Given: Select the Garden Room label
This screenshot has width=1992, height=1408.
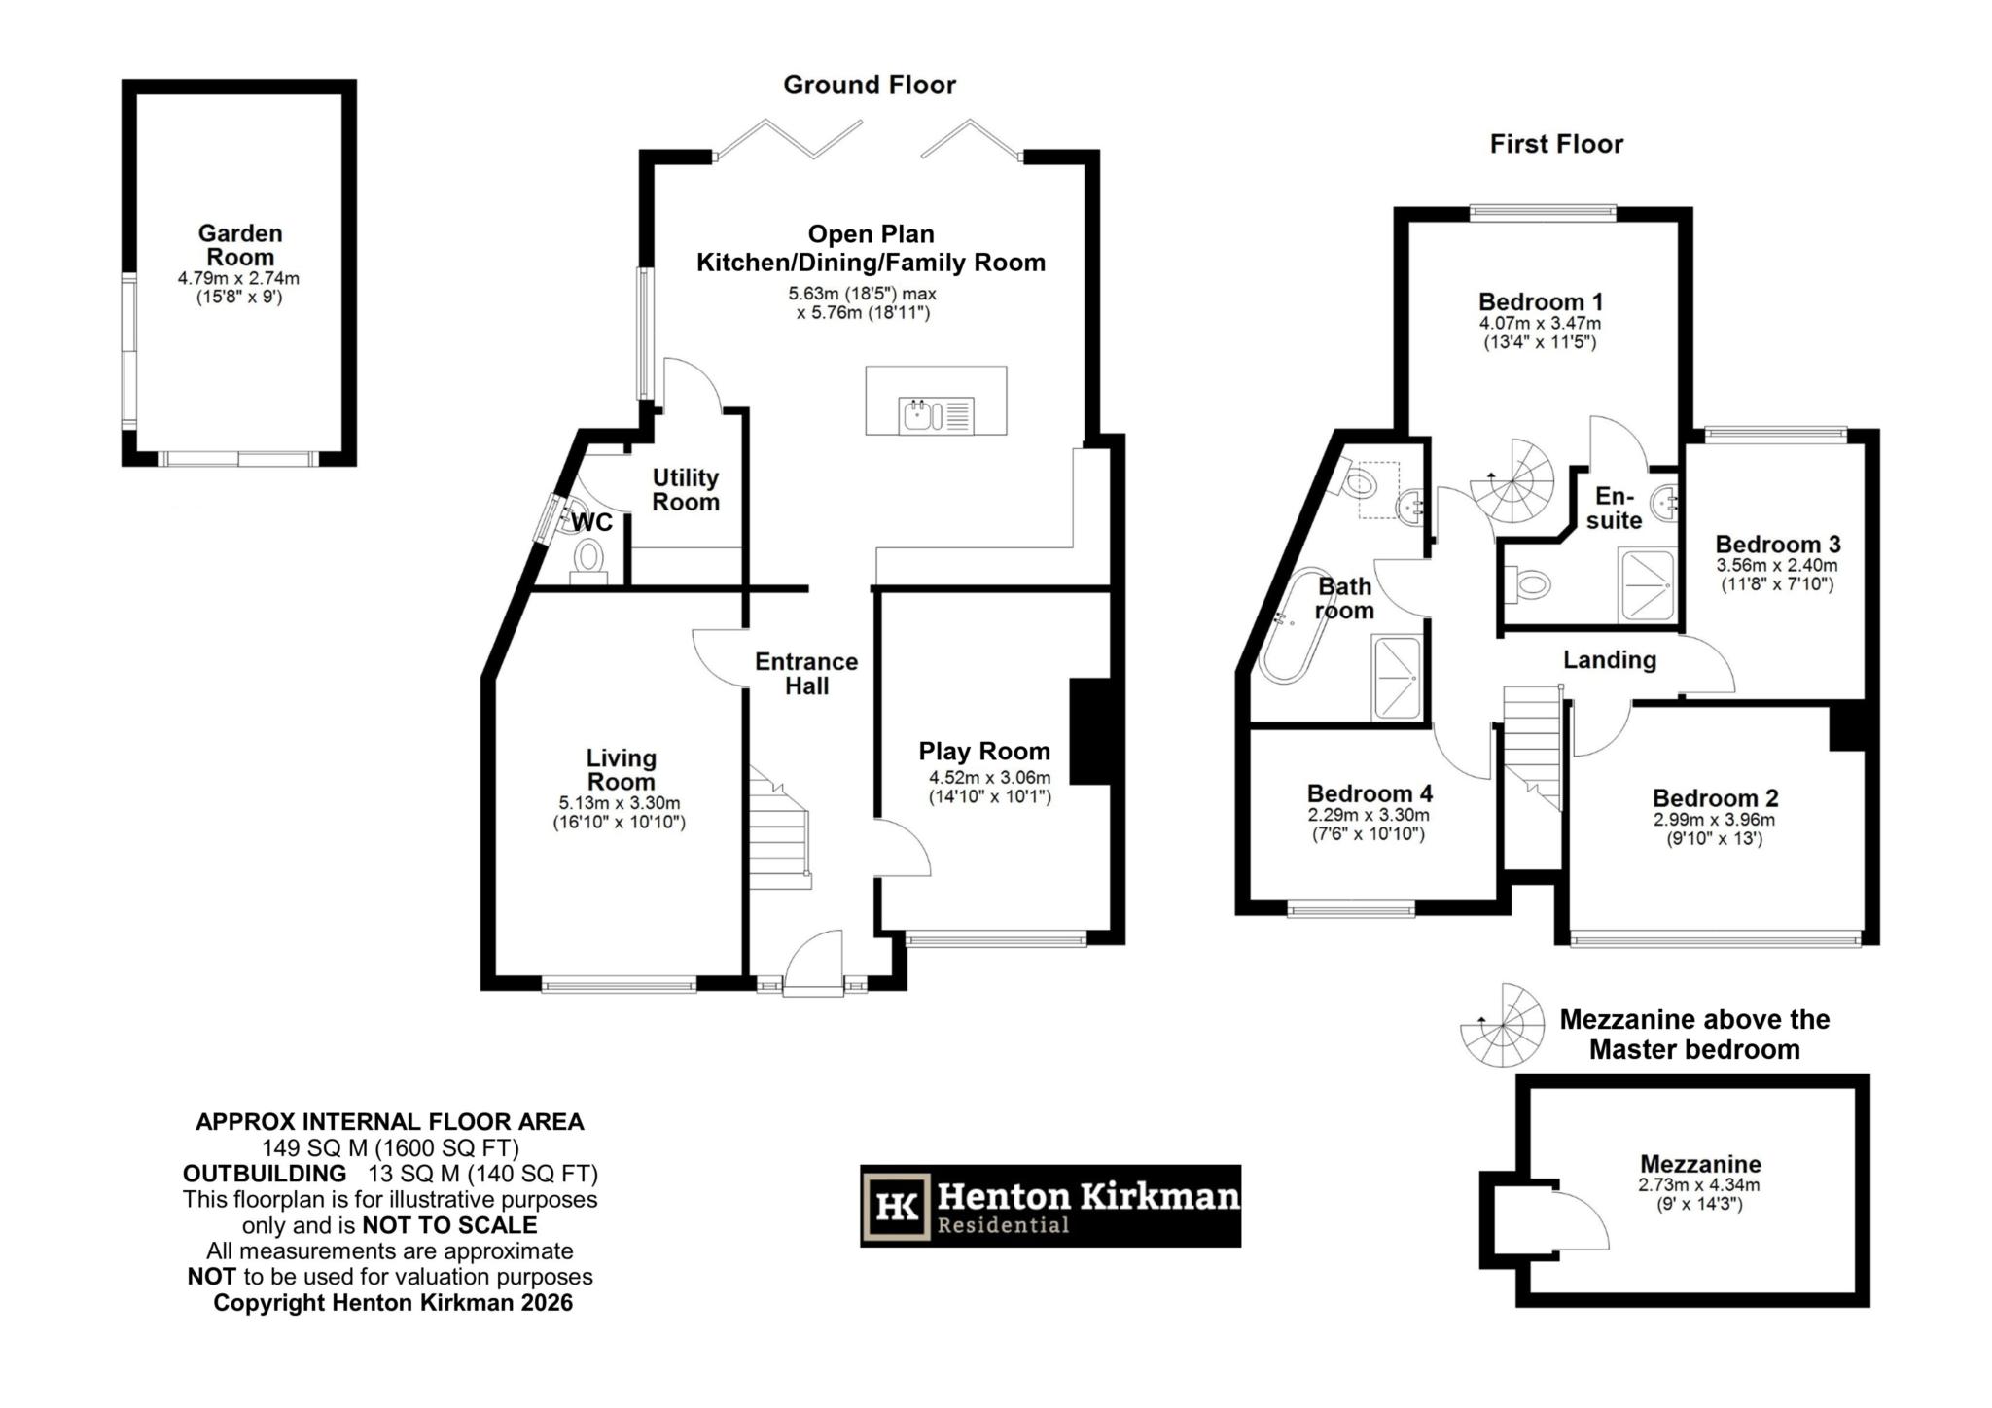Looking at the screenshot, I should click(x=239, y=245).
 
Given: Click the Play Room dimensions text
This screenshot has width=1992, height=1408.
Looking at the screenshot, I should click(x=989, y=787).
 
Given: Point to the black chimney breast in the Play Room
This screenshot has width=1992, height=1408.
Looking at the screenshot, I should click(x=1089, y=731).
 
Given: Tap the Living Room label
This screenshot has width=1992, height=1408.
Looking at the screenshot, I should click(x=621, y=769).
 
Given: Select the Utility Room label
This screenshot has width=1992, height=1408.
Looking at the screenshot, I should click(x=685, y=489).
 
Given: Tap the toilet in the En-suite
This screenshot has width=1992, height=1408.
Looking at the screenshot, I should click(x=1531, y=584).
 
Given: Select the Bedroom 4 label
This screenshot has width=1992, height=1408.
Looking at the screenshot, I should click(x=1369, y=793).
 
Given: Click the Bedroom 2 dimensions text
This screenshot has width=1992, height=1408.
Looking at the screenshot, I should click(x=1714, y=828).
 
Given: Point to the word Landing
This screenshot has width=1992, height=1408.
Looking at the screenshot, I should click(x=1609, y=660).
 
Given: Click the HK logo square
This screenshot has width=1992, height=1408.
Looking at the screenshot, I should click(x=896, y=1207).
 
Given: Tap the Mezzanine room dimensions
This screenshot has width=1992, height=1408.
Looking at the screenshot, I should click(x=1699, y=1194).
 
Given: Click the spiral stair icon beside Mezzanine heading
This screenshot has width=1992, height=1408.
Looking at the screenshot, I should click(x=1502, y=1025).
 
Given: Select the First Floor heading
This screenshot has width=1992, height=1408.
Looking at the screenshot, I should click(x=1556, y=145).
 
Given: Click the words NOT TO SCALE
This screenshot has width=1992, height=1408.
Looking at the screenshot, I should click(x=449, y=1225).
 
